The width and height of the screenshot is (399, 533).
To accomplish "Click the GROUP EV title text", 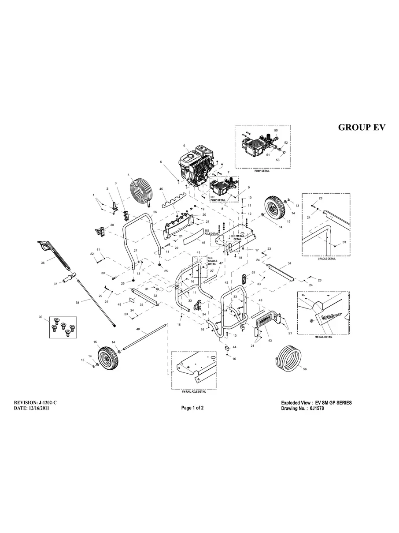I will point(362,127).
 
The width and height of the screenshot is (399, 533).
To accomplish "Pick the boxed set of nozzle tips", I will point(61,326).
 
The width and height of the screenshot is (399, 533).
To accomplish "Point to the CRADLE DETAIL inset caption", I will point(326,259).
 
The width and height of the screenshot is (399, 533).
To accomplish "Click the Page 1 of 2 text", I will point(192,408).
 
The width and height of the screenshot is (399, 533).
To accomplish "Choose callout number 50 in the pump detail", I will point(276,131).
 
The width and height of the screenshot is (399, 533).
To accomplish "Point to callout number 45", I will point(161,189).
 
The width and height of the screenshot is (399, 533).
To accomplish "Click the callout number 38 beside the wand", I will point(78,303).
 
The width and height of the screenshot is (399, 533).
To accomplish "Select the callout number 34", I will point(289,263).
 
